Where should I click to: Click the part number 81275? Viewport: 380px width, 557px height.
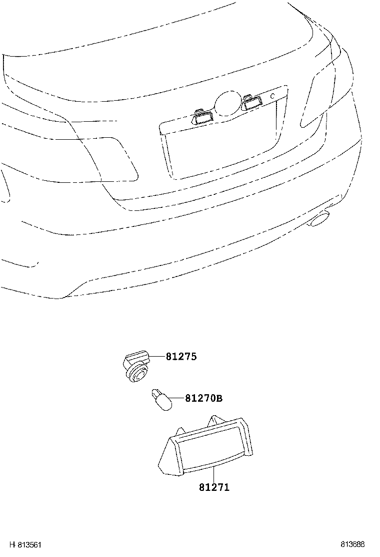click(x=181, y=356)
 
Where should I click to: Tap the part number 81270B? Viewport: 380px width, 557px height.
click(x=204, y=398)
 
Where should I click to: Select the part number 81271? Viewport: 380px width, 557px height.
click(x=214, y=487)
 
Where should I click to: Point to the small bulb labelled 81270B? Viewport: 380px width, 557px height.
click(x=161, y=400)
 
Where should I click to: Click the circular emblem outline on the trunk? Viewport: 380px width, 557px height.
click(x=228, y=103)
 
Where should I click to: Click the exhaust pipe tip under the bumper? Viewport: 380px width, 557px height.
click(x=319, y=218)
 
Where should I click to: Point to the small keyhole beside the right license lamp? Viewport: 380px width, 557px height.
click(x=272, y=96)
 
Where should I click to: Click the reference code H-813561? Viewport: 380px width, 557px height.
click(x=25, y=544)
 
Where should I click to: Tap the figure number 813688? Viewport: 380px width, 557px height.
click(x=352, y=544)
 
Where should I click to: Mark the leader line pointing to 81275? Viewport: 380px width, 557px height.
click(x=157, y=356)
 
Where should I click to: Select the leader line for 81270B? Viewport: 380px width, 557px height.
click(x=178, y=399)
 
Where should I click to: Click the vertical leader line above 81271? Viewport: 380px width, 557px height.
click(x=213, y=474)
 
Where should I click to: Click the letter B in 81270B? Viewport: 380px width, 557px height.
click(x=219, y=399)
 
